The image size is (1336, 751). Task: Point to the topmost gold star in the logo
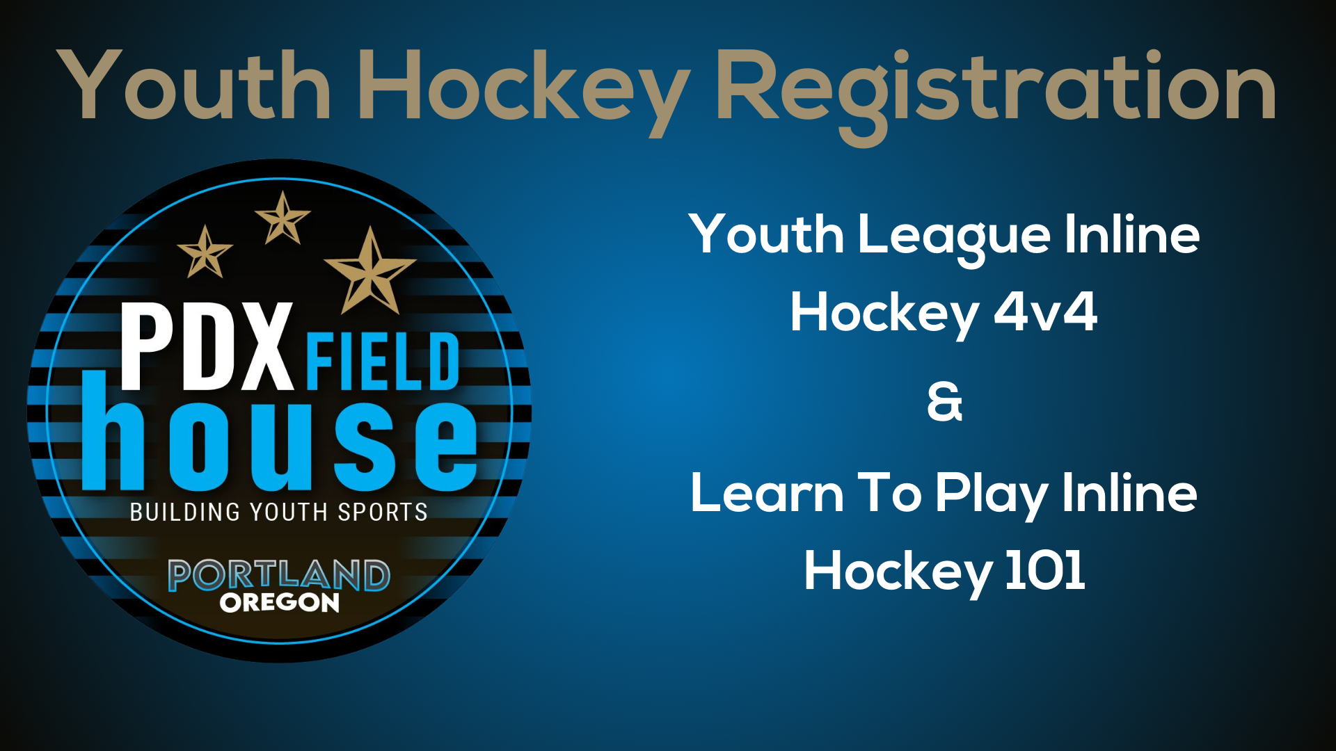[x=283, y=218]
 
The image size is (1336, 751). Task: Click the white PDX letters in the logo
[x=207, y=346]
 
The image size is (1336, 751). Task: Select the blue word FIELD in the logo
[x=383, y=361]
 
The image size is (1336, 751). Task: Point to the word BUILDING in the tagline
[x=185, y=512]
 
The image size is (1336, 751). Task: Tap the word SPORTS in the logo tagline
[x=383, y=512]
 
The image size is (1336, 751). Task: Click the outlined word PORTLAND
[x=279, y=575]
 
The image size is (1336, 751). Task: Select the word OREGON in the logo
[x=280, y=602]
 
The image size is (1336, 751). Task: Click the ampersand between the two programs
[x=945, y=402]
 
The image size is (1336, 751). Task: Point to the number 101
[x=1045, y=570]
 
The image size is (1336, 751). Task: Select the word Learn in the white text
[x=767, y=493]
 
